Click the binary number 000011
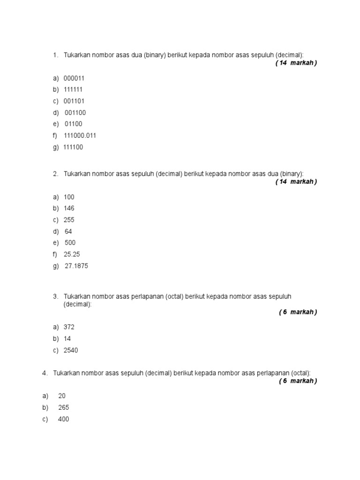click(x=74, y=78)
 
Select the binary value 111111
click(x=74, y=90)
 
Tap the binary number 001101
click(x=74, y=101)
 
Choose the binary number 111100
click(x=73, y=147)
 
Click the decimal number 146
click(x=69, y=208)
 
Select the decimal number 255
click(x=69, y=220)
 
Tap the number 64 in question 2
click(x=68, y=232)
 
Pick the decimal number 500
click(x=70, y=243)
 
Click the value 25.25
click(x=73, y=255)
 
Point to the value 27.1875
click(x=76, y=266)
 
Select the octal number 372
click(x=69, y=327)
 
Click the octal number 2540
click(x=71, y=350)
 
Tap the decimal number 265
click(x=63, y=408)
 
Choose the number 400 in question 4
click(x=63, y=419)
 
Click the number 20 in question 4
click(x=62, y=396)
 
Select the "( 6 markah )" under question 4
click(x=298, y=381)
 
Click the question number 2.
click(x=55, y=174)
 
